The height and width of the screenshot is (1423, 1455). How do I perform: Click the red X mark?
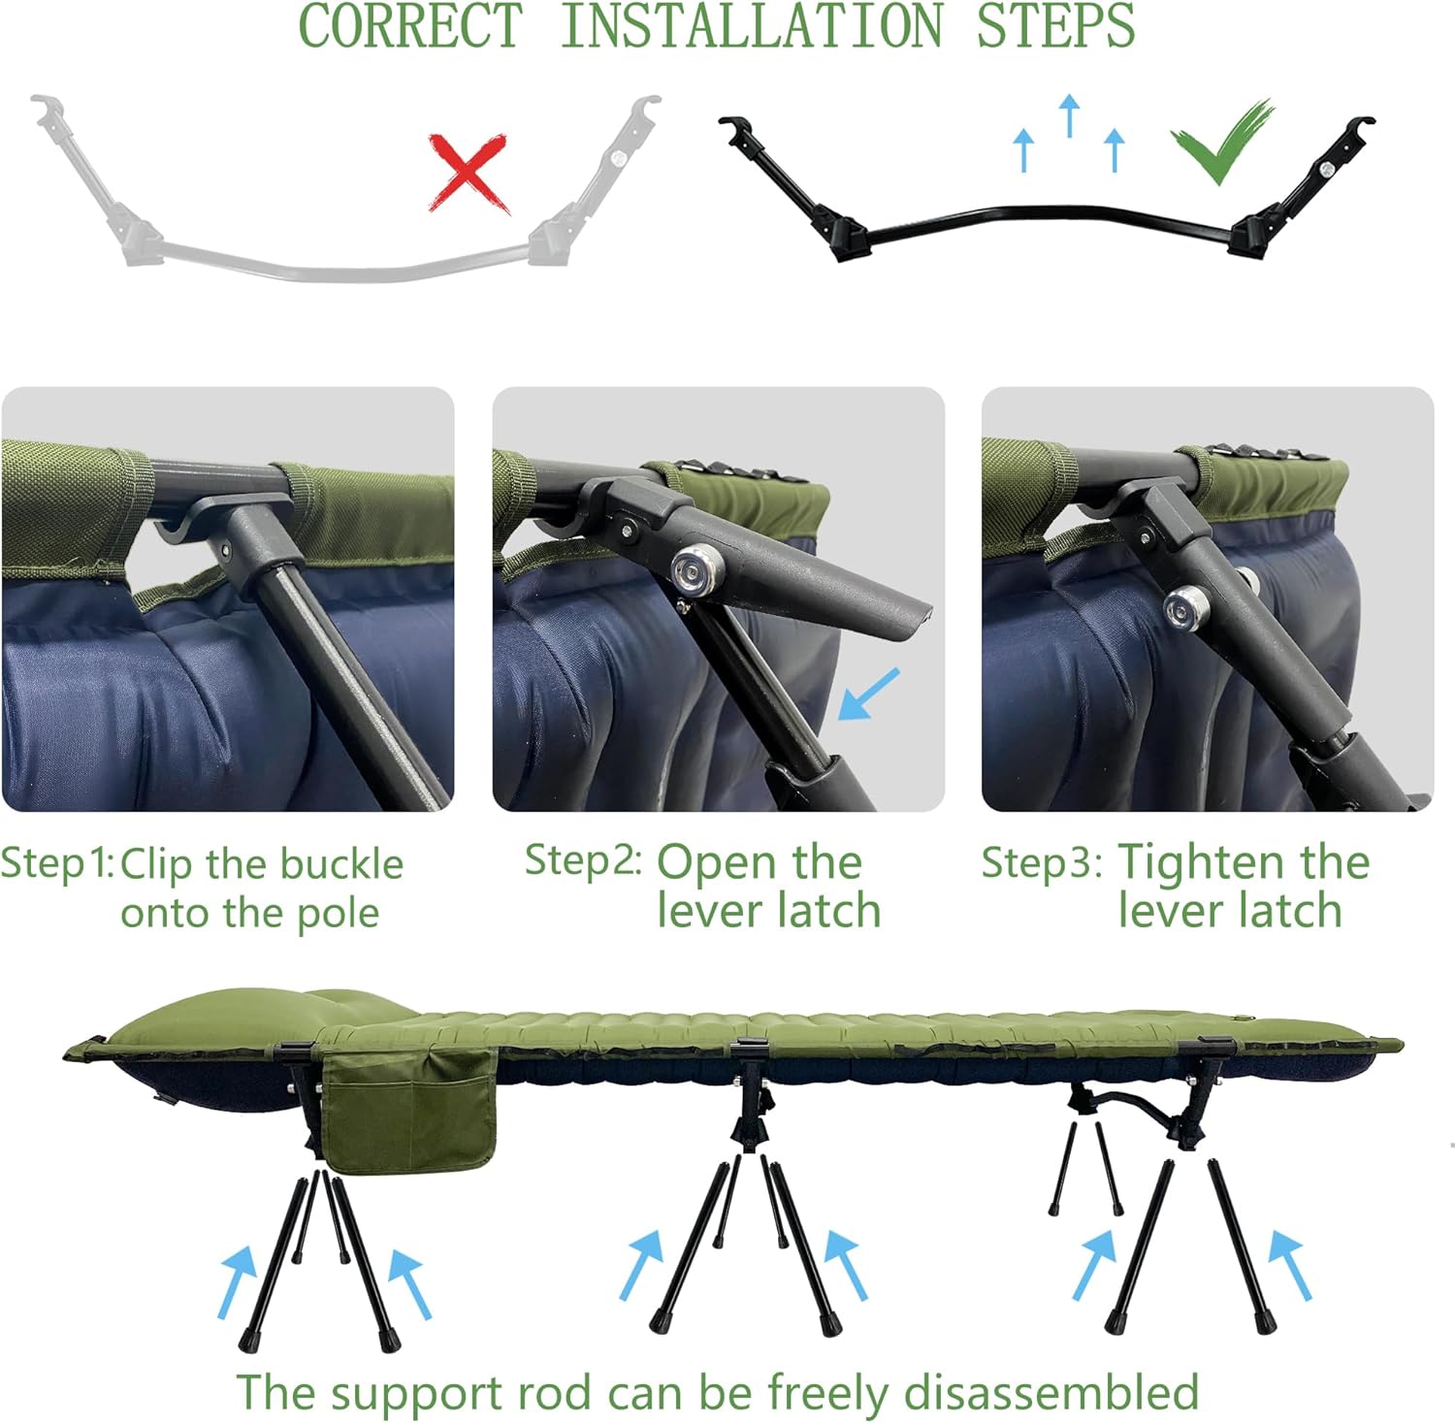click(469, 173)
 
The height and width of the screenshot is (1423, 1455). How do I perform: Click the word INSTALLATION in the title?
click(752, 25)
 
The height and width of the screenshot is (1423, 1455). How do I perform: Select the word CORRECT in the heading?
click(410, 25)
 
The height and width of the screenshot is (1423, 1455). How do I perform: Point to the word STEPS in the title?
click(1055, 25)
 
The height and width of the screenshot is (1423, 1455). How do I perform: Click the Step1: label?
click(58, 863)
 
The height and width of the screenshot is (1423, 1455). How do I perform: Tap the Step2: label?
click(583, 859)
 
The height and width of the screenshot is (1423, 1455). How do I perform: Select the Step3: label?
click(1042, 861)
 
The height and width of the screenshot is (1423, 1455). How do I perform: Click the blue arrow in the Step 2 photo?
click(868, 694)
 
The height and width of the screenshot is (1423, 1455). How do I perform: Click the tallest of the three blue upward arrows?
click(1069, 115)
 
